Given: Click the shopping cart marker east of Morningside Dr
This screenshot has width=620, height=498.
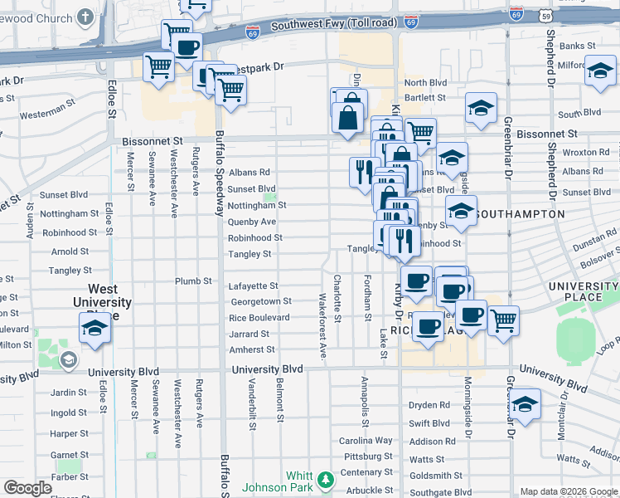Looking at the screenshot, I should pos(503,320).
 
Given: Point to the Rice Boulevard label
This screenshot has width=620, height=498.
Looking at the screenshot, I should pos(259,318).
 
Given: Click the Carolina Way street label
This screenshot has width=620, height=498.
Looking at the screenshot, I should pos(366,441).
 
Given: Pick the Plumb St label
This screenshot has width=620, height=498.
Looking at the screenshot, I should pos(193,281).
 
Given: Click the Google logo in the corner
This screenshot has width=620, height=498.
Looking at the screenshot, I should pos(27,488).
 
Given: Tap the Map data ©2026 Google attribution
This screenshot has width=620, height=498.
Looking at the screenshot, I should pos(569,491).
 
